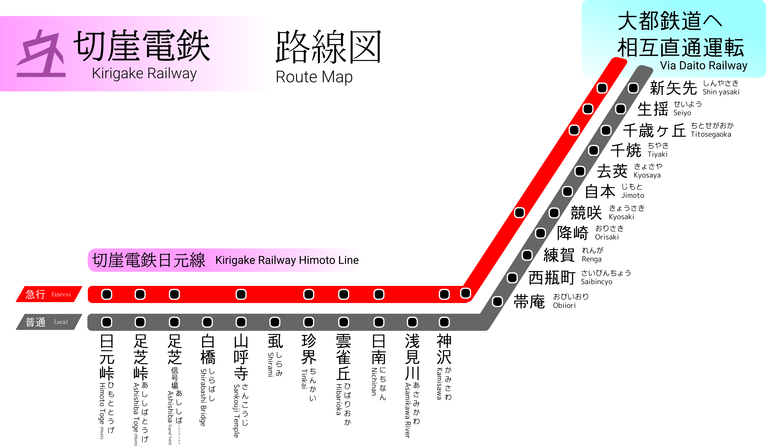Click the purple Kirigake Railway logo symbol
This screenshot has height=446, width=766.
(x=41, y=54)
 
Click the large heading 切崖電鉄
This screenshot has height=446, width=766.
(x=142, y=46)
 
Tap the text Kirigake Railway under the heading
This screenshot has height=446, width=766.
(x=144, y=74)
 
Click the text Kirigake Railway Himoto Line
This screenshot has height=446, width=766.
(x=287, y=260)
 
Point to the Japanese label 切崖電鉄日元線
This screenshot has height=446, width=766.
(x=149, y=260)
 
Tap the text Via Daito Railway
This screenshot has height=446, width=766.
(x=703, y=66)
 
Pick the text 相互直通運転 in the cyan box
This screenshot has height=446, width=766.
(x=681, y=48)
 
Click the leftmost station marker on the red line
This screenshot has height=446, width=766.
(x=107, y=294)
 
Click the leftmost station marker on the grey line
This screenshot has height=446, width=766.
(x=107, y=322)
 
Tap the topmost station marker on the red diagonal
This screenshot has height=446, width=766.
(x=602, y=88)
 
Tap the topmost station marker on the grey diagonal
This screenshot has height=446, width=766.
(x=633, y=88)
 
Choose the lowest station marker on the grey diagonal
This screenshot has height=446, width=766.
(x=497, y=301)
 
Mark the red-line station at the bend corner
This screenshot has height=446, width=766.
(x=465, y=293)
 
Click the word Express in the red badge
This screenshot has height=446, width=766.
(x=61, y=294)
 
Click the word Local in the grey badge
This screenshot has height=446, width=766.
(x=61, y=322)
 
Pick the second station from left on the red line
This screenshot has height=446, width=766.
(x=140, y=294)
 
